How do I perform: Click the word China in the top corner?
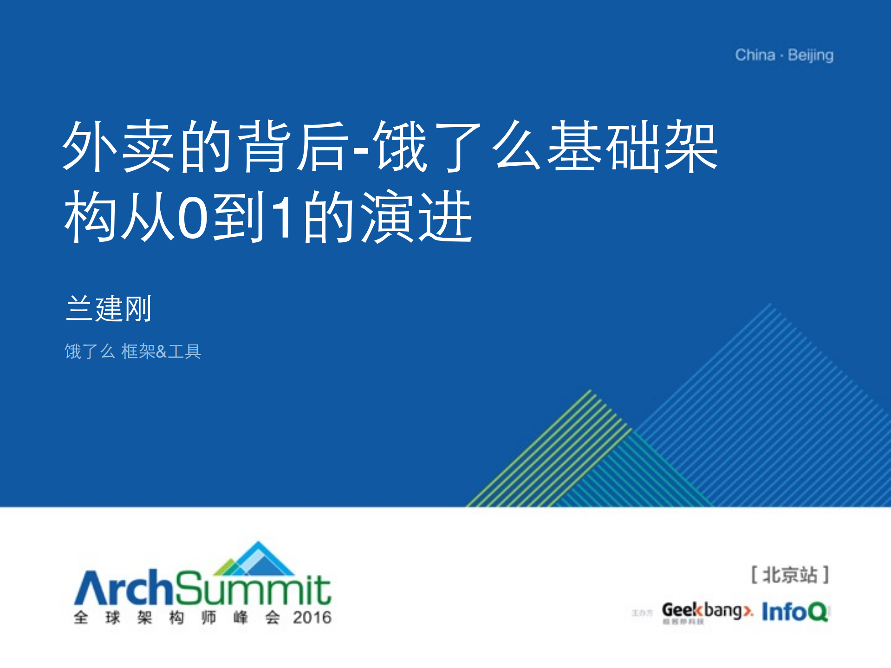pos(755,55)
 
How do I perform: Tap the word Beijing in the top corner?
pos(811,56)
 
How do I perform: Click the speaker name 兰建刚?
pos(109,309)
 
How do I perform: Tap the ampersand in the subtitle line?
pos(161,351)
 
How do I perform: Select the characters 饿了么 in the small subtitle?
pos(90,351)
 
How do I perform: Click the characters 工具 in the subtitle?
pos(184,351)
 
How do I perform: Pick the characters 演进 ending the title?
pos(416,217)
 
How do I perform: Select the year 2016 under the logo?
pos(312,617)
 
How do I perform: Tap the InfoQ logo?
pos(795,611)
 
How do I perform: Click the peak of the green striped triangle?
pos(590,391)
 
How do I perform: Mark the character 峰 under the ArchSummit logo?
pos(241,617)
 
